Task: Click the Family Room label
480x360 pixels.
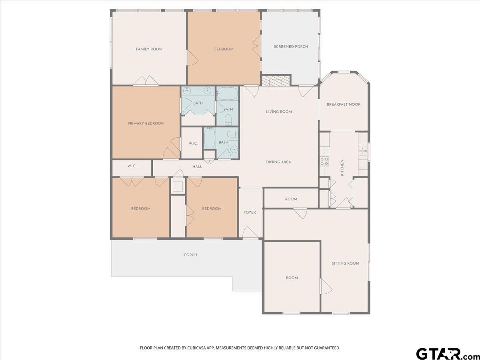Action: [x=149, y=49]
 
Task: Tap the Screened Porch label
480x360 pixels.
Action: [x=291, y=46]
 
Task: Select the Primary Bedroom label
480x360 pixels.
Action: [x=146, y=124]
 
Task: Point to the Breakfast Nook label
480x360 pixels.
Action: [x=344, y=104]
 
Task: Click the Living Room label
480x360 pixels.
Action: [x=279, y=112]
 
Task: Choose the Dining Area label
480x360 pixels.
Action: [x=278, y=162]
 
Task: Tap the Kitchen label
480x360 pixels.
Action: [x=342, y=168]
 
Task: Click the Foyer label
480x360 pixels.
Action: [x=250, y=212]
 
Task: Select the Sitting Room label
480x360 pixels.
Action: [x=345, y=263]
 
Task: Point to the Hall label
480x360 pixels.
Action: [x=197, y=167]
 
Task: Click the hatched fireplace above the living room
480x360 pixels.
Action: [x=276, y=81]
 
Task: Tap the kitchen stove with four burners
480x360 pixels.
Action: [x=324, y=161]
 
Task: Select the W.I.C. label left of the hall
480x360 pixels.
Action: [x=132, y=166]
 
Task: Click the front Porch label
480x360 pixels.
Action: [x=190, y=255]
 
